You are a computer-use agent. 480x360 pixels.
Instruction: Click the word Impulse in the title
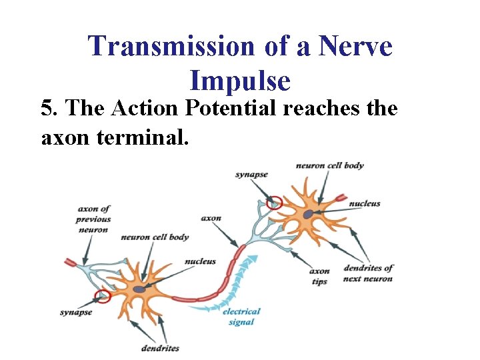[240, 81]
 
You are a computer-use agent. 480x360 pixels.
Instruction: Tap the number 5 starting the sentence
[46, 108]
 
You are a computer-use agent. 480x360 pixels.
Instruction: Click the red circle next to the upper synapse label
[274, 202]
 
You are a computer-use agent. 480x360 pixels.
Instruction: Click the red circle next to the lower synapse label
[102, 296]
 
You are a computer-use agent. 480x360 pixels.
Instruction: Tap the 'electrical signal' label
[241, 317]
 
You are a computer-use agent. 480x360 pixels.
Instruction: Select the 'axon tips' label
[319, 276]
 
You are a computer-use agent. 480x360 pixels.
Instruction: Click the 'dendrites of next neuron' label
[368, 273]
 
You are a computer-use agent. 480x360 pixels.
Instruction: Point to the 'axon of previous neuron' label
[94, 219]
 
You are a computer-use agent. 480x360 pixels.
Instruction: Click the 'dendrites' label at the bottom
[160, 348]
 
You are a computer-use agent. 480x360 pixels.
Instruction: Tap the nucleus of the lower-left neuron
[139, 289]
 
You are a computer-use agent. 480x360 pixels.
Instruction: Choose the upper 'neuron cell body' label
[329, 165]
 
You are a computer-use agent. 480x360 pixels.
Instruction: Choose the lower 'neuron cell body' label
[155, 237]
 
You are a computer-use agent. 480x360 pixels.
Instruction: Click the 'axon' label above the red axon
[211, 218]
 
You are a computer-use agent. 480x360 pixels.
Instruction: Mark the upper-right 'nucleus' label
[365, 203]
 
